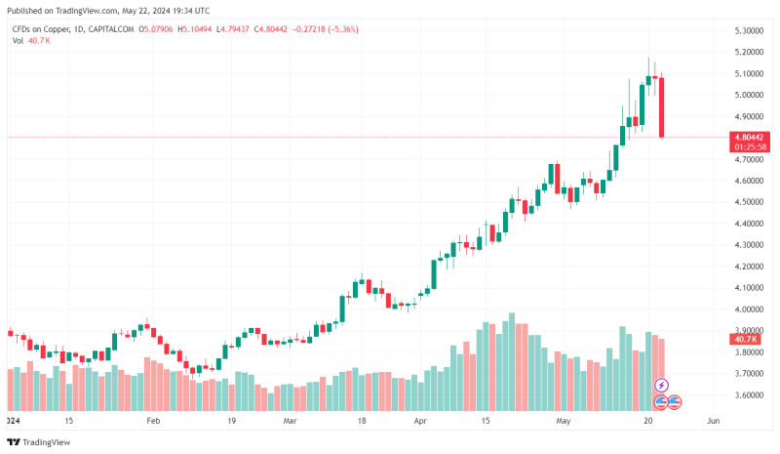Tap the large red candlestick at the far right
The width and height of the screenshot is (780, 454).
coord(661,107)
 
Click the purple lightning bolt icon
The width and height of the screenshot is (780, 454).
coord(661,386)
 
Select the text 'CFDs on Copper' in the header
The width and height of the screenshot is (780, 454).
coord(40,29)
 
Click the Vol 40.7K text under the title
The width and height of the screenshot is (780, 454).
coord(31,41)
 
